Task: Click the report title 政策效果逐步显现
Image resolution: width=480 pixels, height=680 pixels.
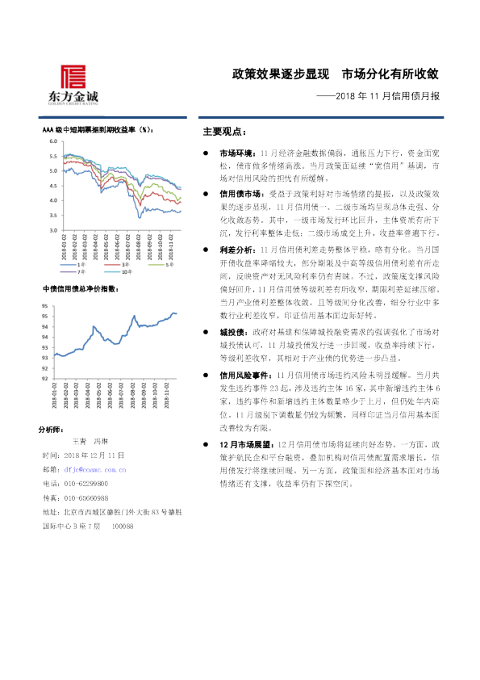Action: coord(278,75)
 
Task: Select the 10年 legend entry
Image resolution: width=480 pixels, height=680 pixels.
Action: coord(129,272)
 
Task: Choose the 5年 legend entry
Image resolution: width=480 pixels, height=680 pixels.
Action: coord(170,264)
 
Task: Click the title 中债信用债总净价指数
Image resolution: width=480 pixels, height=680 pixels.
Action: coord(81,288)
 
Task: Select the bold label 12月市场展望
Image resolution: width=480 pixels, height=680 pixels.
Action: coord(243,445)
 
